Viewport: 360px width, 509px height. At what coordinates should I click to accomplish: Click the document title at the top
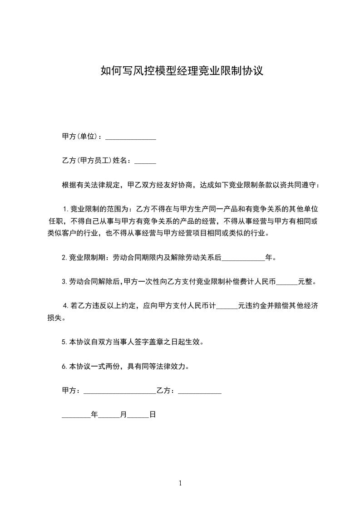coord(181,71)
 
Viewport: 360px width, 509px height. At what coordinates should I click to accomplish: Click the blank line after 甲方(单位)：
coord(131,137)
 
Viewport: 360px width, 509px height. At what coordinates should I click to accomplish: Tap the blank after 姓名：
coord(145,161)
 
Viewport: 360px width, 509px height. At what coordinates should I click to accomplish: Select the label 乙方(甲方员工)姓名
coord(94,161)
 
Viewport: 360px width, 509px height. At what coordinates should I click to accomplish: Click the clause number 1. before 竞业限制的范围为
coord(65,209)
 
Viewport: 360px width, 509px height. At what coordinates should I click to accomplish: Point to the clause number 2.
coord(64,258)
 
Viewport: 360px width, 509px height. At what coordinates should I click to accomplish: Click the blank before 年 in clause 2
coord(243,258)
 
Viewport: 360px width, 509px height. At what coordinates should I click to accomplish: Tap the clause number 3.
coord(64,282)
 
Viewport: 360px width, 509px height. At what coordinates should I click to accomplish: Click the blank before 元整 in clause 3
coord(287,282)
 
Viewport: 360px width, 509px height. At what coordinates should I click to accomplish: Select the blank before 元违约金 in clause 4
coord(227,306)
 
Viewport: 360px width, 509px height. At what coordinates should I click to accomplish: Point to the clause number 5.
coord(64,343)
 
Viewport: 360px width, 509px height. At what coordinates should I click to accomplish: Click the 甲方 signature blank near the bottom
coord(120,391)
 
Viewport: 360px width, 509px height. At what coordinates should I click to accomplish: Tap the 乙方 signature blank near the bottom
coord(200,391)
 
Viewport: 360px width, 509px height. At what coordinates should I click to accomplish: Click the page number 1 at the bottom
coord(180,484)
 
